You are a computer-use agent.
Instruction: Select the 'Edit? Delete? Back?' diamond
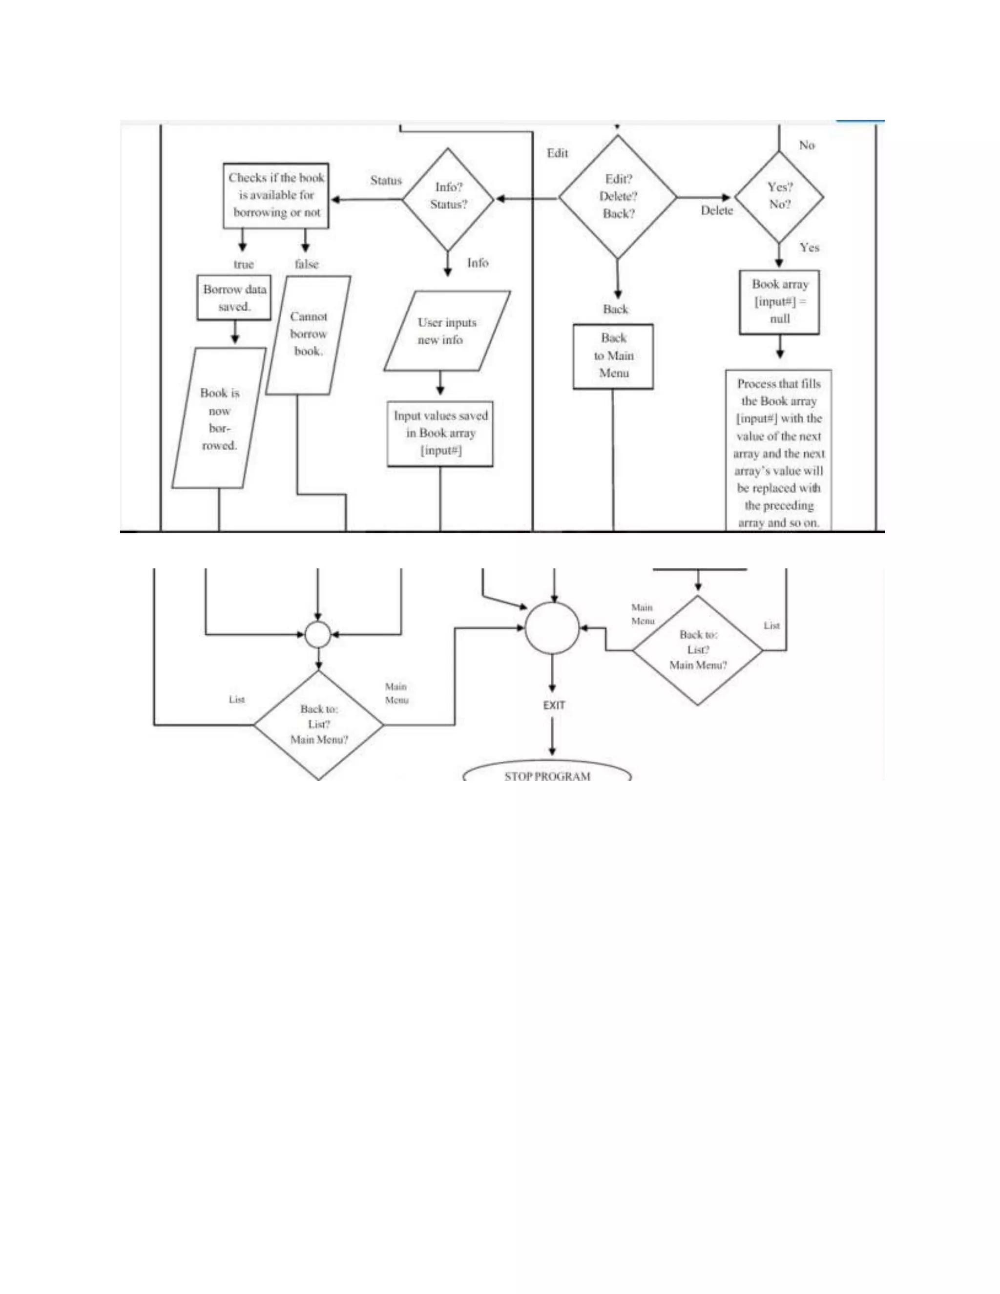617,197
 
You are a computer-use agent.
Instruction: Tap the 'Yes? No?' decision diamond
779,197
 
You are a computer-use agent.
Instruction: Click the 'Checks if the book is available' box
276,195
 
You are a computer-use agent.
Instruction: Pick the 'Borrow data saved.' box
234,297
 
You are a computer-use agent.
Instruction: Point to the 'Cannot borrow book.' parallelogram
308,335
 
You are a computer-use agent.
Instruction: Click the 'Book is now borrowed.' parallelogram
219,418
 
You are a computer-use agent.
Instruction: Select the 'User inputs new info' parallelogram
447,331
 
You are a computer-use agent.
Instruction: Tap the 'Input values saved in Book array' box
440,434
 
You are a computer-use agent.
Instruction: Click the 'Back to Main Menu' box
613,356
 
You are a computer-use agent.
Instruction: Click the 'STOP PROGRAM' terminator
547,772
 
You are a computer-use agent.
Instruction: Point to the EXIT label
554,705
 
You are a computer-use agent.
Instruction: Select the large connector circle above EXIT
552,628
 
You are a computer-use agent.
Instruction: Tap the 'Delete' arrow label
717,210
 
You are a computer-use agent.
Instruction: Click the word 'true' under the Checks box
244,264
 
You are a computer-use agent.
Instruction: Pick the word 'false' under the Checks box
306,264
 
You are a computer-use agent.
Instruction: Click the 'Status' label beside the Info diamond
386,180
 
